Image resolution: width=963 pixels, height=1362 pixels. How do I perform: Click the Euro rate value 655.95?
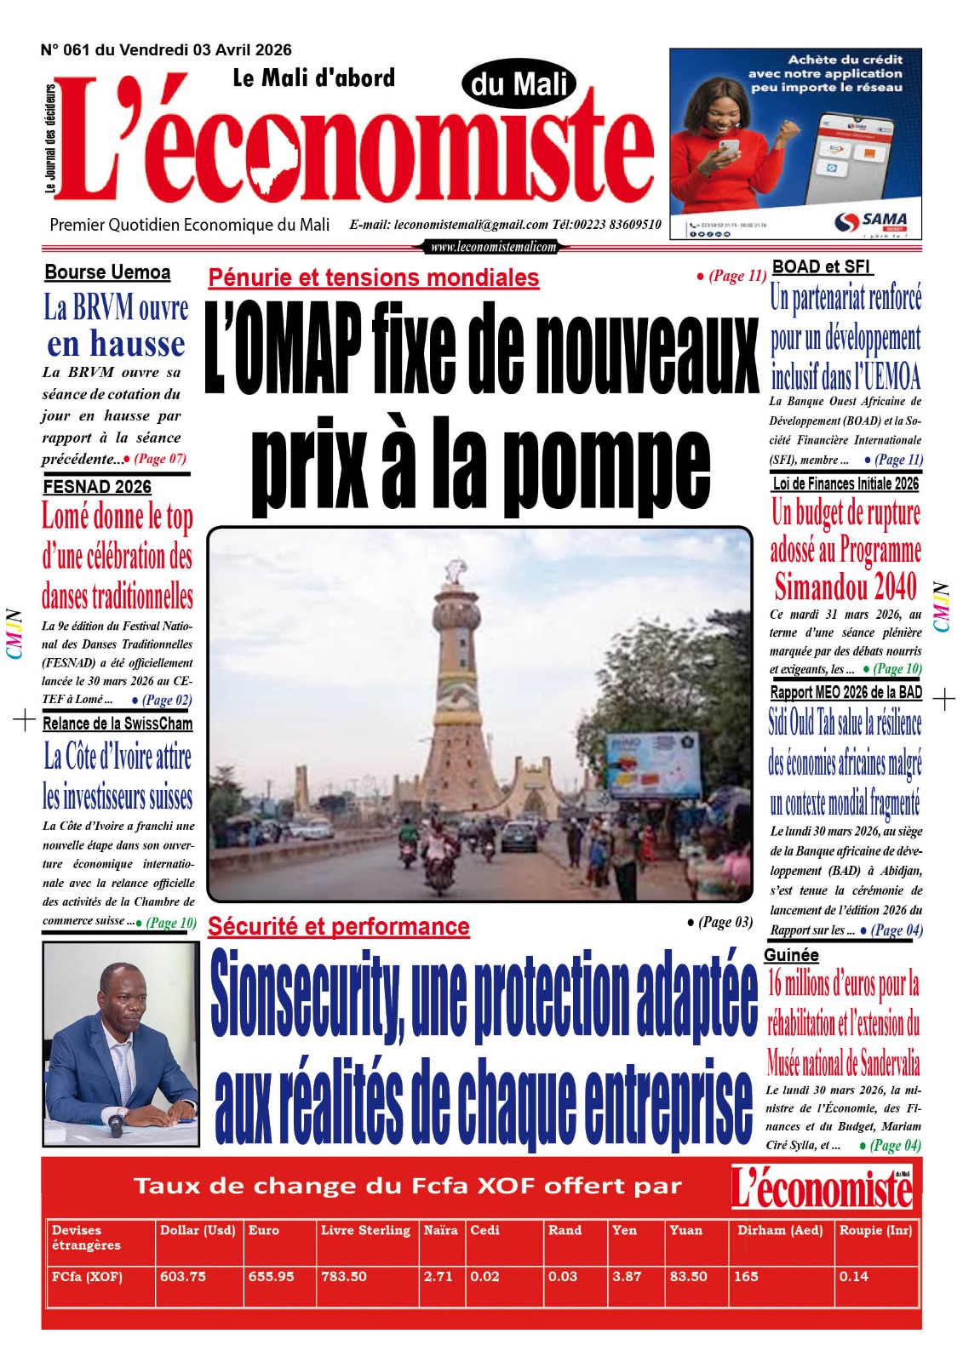271,1276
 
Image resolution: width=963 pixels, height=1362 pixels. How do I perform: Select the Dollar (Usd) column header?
198,1230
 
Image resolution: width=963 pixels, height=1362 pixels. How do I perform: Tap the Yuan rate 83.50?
688,1276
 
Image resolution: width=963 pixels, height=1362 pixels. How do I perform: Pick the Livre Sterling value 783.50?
344,1276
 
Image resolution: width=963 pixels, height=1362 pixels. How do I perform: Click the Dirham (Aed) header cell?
779,1230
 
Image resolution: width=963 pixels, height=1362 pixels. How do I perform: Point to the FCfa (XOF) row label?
87,1276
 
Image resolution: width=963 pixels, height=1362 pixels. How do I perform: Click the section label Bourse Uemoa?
107,272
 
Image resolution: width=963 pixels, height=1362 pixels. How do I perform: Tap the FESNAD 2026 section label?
97,486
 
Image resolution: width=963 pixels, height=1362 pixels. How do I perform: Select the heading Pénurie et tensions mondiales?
373,278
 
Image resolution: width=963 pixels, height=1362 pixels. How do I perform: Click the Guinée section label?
791,954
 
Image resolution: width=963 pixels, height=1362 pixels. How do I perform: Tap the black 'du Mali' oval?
519,84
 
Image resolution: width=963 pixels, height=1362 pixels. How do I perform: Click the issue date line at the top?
166,50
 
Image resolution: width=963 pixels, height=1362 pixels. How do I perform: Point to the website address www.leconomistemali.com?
493,247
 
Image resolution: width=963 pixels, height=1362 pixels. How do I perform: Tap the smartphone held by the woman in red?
729,146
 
